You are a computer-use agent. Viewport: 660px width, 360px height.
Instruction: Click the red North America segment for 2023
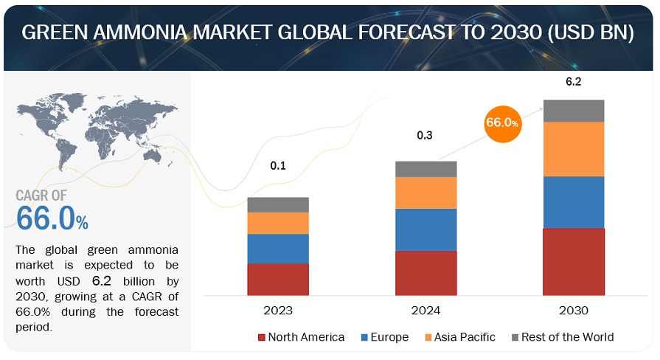(278, 279)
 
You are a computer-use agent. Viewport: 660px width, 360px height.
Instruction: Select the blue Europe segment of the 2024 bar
(425, 229)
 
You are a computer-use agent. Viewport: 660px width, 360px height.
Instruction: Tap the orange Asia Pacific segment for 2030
(573, 149)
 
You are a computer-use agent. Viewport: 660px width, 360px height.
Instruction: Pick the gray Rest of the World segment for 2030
(573, 111)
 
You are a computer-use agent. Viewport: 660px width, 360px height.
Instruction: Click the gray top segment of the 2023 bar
(278, 204)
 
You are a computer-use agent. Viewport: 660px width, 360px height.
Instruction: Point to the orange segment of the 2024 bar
(425, 193)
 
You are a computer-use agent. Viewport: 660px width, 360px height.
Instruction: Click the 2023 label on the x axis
(278, 311)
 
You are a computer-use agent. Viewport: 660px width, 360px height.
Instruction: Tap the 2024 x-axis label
(425, 311)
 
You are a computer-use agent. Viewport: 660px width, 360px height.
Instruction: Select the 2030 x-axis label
(573, 311)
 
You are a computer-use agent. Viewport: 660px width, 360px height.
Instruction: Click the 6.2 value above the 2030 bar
(573, 82)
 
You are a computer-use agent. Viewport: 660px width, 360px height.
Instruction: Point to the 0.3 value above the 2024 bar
(425, 135)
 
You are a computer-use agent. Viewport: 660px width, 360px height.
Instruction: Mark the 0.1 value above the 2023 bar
(277, 166)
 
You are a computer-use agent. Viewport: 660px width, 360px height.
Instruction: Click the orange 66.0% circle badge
(502, 122)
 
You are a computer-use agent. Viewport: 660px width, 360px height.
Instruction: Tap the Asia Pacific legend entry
(462, 337)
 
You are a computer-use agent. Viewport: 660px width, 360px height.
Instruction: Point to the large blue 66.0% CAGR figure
(52, 219)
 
